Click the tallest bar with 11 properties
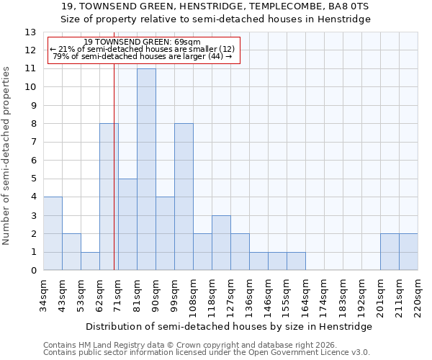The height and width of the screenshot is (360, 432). coord(146,170)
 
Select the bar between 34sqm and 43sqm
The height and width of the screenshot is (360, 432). coord(53,234)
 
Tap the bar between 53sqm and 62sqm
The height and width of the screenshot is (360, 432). coord(90,261)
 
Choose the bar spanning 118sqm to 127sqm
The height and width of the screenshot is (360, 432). coord(221,243)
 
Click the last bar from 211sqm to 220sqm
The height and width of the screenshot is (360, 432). coord(408,252)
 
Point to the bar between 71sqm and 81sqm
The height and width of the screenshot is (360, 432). coord(127,225)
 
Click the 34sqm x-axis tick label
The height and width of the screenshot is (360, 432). coord(44,295)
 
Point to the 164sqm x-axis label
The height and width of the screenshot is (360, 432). coord(306,295)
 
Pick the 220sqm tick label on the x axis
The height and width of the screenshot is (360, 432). coord(418,295)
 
